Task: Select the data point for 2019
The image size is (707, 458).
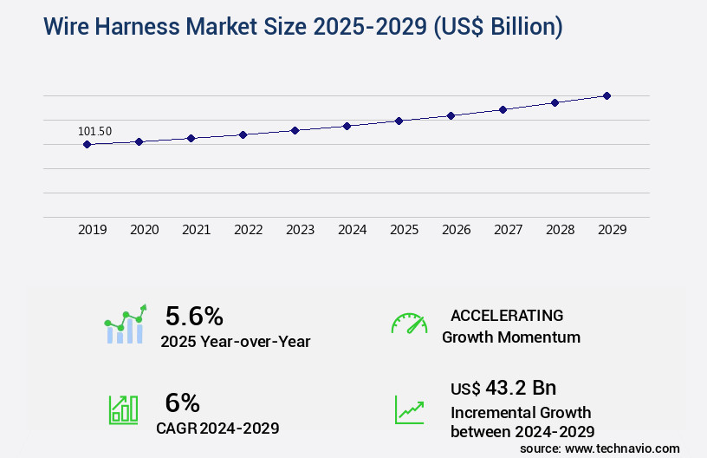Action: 87,144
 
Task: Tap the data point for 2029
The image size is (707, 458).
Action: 606,95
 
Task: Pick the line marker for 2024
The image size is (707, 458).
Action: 347,126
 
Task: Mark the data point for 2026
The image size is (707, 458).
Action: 451,115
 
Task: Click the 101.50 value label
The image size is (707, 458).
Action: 94,131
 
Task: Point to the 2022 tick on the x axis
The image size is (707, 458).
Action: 248,230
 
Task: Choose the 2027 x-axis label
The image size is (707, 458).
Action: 508,230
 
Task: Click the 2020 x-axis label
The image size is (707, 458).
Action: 144,230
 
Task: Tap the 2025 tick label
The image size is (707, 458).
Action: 404,230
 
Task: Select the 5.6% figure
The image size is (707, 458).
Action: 194,315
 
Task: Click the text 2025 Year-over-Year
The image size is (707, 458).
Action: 235,342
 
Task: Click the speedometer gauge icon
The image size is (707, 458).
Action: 409,324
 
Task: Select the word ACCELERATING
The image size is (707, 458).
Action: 507,315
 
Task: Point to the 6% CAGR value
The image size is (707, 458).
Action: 182,402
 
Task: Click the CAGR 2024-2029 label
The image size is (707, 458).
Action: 217,428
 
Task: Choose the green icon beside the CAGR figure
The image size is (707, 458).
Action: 123,409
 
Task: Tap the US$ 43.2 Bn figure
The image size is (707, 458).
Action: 503,388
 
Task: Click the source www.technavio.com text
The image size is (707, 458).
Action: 600,448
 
